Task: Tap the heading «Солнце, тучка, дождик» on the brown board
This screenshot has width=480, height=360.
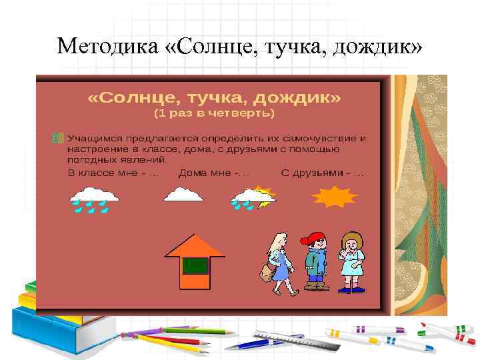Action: [x=215, y=98]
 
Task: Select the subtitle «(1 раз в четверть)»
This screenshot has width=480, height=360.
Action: [x=214, y=113]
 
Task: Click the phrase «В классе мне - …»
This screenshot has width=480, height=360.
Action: [x=113, y=173]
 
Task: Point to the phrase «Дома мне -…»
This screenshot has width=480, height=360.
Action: [x=214, y=173]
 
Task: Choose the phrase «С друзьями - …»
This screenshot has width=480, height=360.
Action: [x=323, y=173]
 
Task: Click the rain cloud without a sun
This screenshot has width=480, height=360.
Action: [x=95, y=199]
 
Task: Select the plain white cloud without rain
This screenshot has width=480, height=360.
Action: [x=184, y=194]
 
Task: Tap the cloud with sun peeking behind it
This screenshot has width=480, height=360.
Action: [x=253, y=197]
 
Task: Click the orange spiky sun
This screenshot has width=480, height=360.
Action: [x=336, y=197]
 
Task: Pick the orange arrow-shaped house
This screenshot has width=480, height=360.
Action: [x=195, y=261]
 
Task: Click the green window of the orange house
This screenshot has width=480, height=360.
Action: [x=195, y=266]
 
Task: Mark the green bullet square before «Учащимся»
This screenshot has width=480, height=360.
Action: [x=58, y=137]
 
